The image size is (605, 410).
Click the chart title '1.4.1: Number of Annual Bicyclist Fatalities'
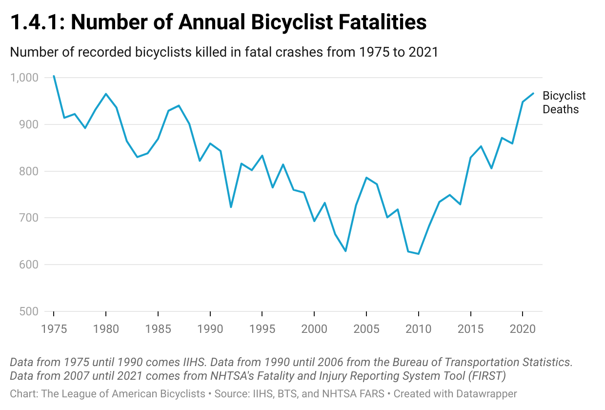click(218, 22)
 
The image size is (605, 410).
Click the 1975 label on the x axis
click(54, 328)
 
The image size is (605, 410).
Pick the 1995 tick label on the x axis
click(262, 328)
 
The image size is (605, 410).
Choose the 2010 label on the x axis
click(418, 328)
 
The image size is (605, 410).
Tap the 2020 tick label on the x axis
click(523, 328)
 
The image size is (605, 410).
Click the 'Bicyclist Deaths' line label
click(564, 102)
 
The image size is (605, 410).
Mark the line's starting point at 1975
click(54, 76)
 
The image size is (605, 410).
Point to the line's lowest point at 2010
click(418, 254)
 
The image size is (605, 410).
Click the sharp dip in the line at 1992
click(231, 207)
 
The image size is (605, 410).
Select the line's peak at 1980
click(106, 94)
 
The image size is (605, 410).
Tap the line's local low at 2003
click(345, 251)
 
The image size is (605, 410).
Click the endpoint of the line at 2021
click(533, 93)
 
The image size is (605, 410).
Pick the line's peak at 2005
click(366, 178)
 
